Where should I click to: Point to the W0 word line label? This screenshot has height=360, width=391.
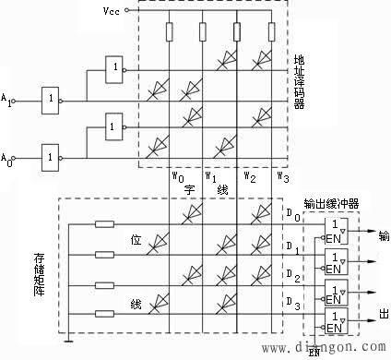pos(179,175)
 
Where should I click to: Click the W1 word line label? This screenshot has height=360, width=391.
pos(210,175)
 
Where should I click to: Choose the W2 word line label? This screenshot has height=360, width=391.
pos(249,175)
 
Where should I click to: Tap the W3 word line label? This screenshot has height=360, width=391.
pos(284,175)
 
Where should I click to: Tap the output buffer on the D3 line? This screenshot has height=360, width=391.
pos(335,321)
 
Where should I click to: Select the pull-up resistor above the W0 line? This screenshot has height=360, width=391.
pos(171,33)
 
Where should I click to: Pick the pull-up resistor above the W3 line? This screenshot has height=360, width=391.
pos(271,33)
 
